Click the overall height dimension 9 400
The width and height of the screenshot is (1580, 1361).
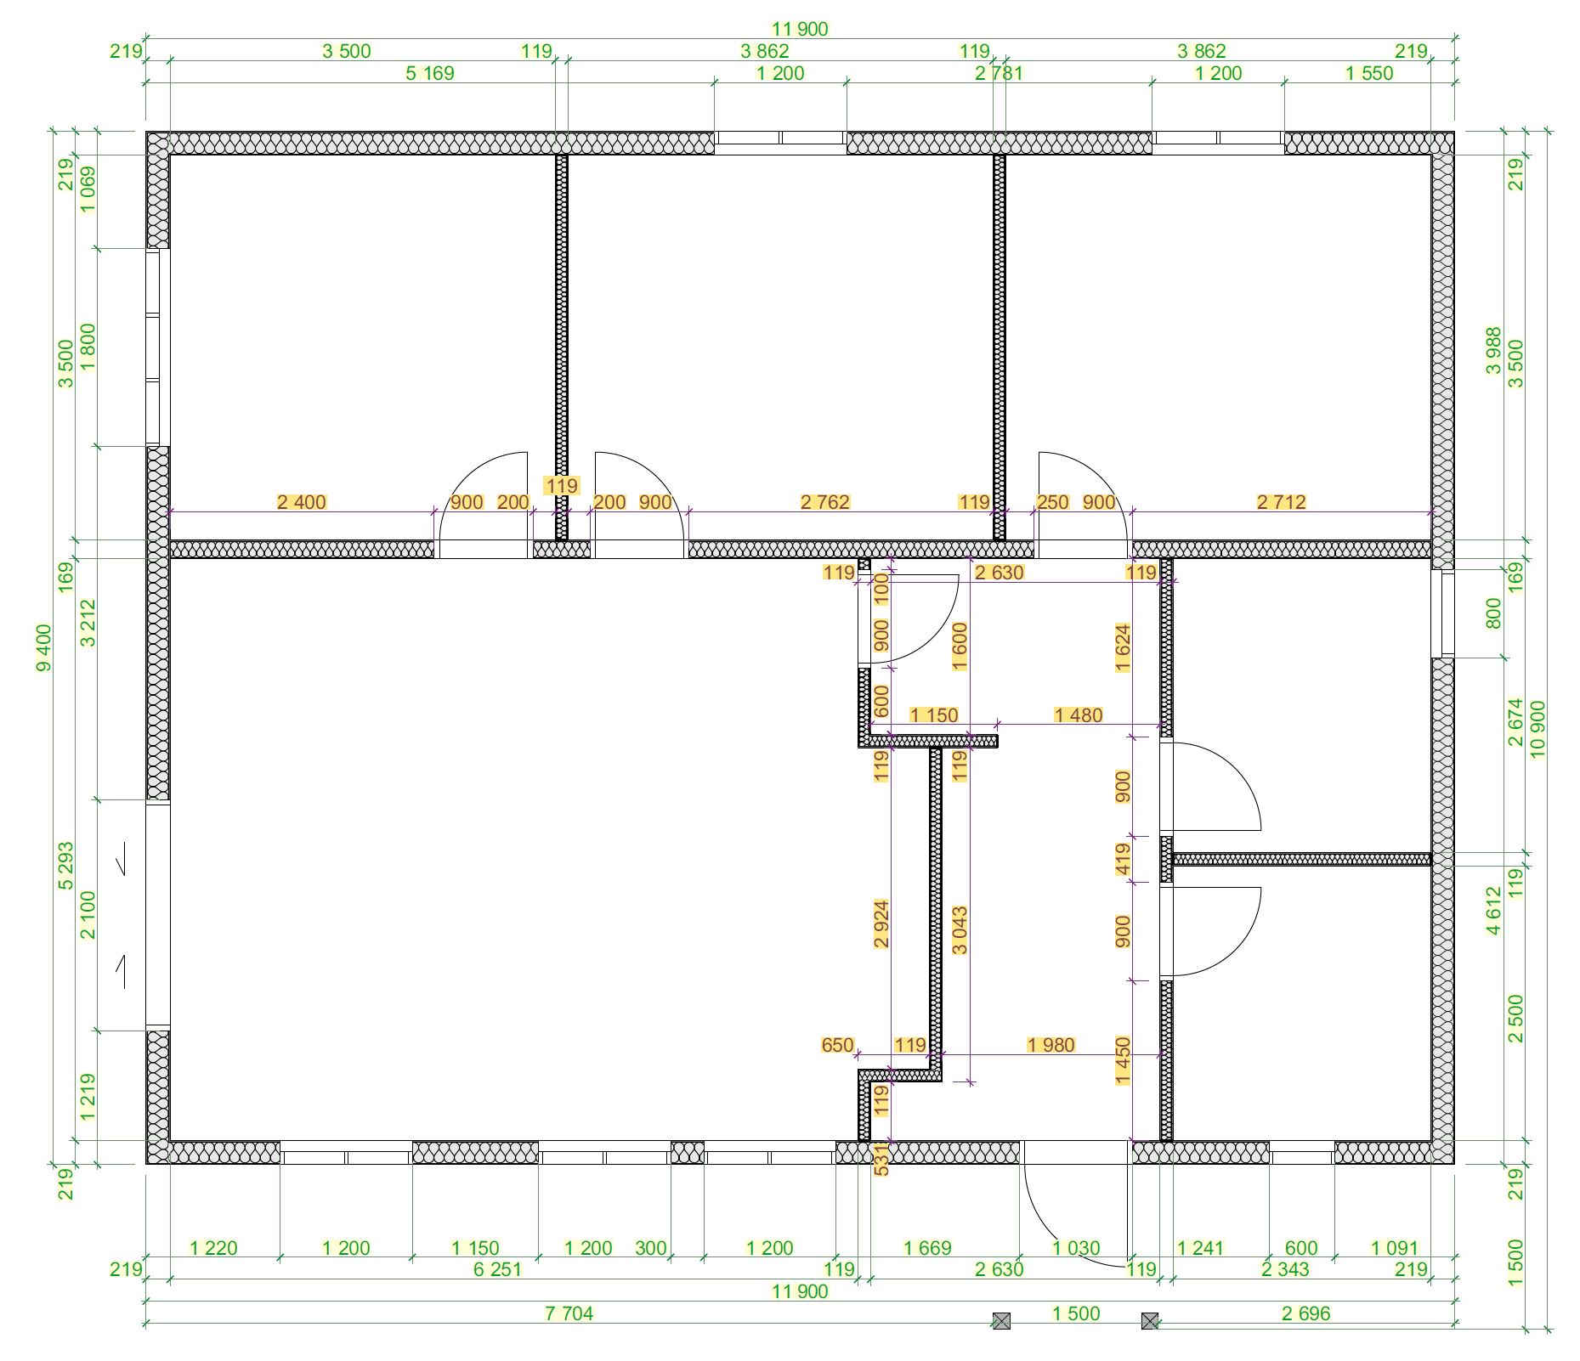point(44,647)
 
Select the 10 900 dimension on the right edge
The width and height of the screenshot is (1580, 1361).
point(1538,729)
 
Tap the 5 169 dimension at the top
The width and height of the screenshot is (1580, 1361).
point(430,73)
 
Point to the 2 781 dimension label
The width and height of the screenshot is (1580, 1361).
point(1000,73)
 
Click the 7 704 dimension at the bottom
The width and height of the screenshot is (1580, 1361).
point(569,1313)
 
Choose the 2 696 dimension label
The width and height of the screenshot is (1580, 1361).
point(1305,1313)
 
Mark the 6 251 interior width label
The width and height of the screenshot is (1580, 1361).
point(497,1269)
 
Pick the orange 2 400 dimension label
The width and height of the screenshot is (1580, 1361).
point(302,502)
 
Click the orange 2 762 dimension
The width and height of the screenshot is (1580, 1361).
point(825,502)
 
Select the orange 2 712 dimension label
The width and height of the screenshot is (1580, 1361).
point(1281,502)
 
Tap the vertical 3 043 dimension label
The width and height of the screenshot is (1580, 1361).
point(960,930)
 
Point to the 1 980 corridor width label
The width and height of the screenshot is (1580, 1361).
point(1051,1045)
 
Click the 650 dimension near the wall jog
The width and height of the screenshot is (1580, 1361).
point(837,1045)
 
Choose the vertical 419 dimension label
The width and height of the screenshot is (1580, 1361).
point(1123,859)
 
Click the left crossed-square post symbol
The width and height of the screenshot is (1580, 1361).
point(1002,1321)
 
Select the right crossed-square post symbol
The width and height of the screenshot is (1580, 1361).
point(1150,1321)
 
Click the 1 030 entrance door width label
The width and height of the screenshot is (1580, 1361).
point(1076,1248)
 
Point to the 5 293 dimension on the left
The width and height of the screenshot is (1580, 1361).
point(66,866)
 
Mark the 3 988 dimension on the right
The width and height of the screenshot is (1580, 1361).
point(1493,351)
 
